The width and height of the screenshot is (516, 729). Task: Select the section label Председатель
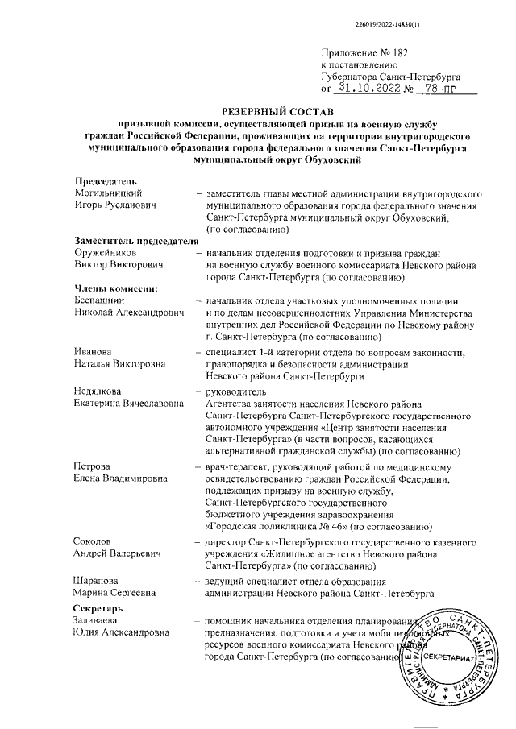(107, 183)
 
